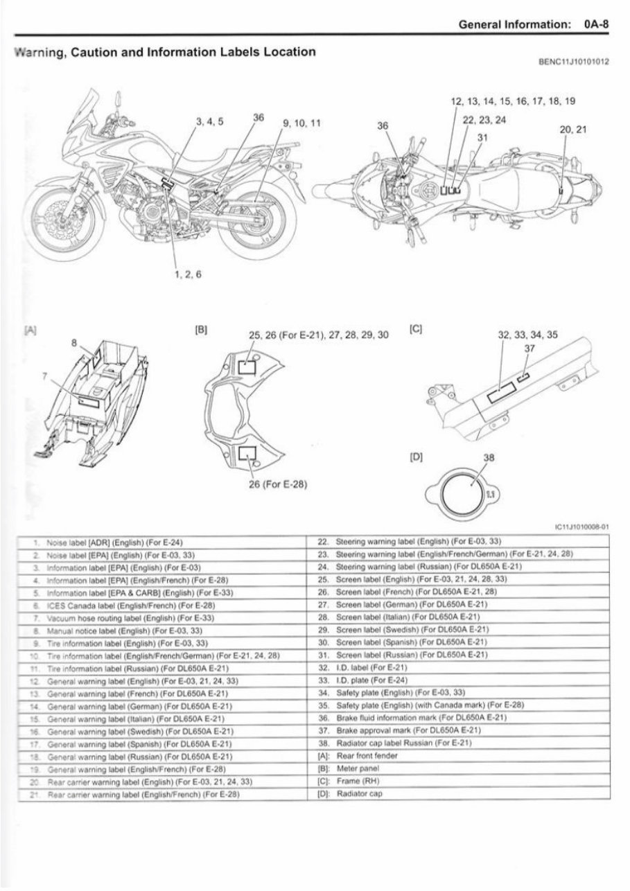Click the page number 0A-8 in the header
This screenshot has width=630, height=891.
coord(596,24)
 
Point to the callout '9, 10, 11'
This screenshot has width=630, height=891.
coord(301,123)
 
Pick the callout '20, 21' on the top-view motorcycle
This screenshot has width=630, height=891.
coord(572,129)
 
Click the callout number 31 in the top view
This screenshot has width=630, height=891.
coord(482,136)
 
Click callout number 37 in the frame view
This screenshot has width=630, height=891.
coord(530,349)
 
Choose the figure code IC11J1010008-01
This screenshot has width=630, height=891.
coord(582,526)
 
